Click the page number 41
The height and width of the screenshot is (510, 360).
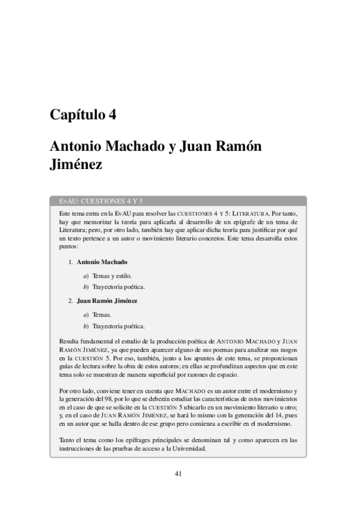click(x=179, y=473)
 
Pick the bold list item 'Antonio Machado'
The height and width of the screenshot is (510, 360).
click(x=102, y=262)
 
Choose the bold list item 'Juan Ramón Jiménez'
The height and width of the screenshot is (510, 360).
click(x=107, y=300)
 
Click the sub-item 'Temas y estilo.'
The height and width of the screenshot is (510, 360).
click(x=112, y=275)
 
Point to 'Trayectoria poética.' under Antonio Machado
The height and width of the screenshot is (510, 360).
click(x=119, y=286)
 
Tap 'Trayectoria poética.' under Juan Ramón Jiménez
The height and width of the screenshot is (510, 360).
click(x=119, y=326)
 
